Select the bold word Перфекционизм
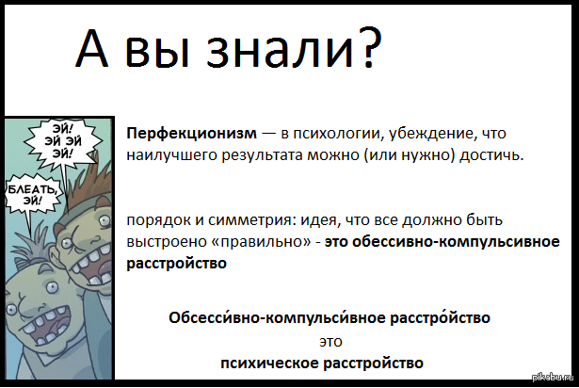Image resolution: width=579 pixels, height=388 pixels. tap(192, 134)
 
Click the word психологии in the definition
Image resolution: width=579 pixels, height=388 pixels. tap(337, 134)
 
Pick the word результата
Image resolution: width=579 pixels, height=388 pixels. tap(263, 155)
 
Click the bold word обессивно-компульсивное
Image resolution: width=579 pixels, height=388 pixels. tap(456, 242)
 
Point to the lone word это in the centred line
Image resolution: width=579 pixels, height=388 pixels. tap(330, 342)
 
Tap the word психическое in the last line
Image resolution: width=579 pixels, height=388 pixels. tap(269, 364)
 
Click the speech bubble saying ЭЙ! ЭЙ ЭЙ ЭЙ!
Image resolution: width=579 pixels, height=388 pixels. tap(62, 142)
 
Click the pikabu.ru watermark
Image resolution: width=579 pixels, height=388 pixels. tap(553, 377)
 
